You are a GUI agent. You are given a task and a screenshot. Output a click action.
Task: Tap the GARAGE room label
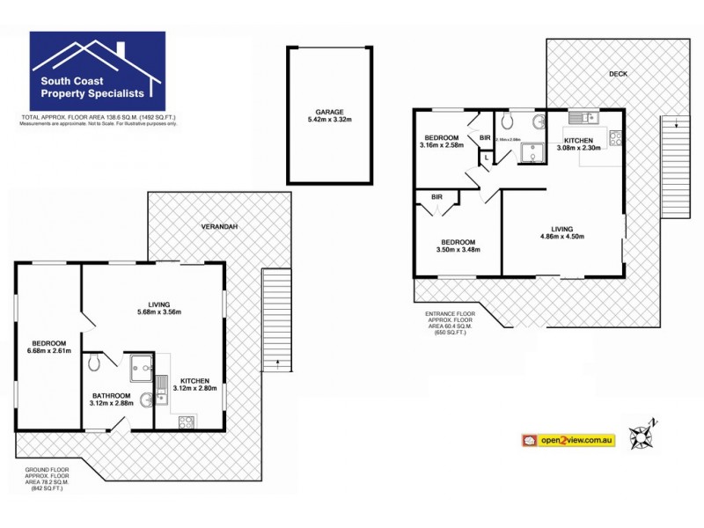(x=330, y=112)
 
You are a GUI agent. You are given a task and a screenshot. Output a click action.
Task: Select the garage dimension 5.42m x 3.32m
(x=330, y=121)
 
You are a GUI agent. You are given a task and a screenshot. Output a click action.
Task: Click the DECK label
(x=618, y=74)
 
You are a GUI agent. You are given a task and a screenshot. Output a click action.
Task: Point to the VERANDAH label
(x=219, y=226)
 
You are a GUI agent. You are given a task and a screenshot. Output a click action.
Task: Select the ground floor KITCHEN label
(x=190, y=380)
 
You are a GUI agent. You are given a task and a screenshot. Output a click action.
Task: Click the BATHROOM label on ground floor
(x=111, y=396)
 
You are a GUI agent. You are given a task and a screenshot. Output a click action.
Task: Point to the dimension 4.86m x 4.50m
(x=562, y=236)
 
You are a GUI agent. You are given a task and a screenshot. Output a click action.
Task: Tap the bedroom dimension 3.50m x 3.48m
(x=458, y=251)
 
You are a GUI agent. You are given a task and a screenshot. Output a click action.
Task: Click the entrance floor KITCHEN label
(x=579, y=140)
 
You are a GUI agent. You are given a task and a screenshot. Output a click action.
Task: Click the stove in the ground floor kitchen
(x=187, y=422)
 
